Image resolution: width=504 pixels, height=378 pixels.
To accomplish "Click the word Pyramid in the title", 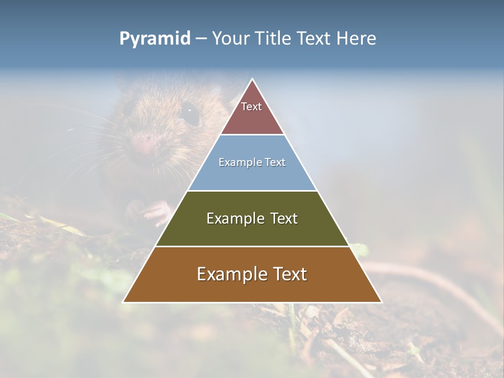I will [x=155, y=39].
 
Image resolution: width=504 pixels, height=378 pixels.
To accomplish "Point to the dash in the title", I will [x=201, y=39].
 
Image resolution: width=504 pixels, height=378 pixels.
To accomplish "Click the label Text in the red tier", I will [x=251, y=107].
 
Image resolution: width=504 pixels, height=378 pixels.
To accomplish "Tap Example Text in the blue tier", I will [x=252, y=162].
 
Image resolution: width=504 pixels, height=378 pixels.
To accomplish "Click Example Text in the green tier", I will [x=252, y=218].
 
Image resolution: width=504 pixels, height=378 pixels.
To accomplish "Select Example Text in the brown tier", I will [x=252, y=274].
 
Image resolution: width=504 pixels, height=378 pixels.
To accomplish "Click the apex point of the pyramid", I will [x=253, y=79].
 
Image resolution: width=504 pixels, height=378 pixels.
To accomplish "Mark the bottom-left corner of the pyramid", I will [x=123, y=302].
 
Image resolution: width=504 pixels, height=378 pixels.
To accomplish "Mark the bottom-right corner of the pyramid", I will [x=381, y=302].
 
